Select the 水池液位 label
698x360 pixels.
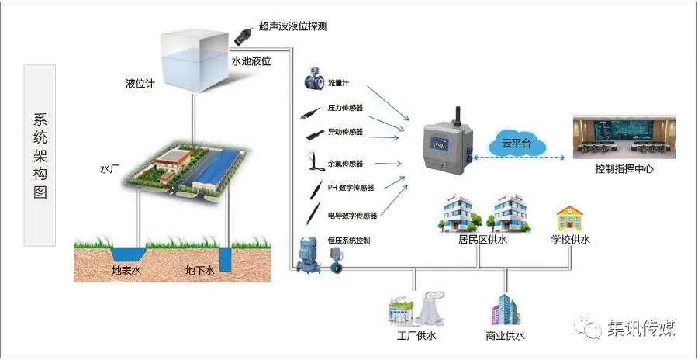[251, 60]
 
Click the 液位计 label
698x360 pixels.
[141, 84]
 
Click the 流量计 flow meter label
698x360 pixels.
[339, 84]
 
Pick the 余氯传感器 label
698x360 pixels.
[345, 164]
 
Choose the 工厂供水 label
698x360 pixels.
[416, 336]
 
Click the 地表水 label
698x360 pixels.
[126, 271]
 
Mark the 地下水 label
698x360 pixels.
[199, 271]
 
